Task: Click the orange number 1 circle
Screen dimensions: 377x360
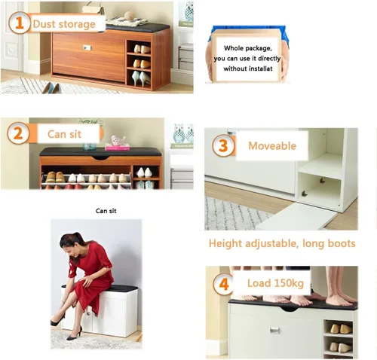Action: (20, 23)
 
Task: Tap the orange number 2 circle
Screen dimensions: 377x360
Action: (18, 133)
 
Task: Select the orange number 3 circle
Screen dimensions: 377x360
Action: (223, 145)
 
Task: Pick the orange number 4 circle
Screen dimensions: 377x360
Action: (224, 284)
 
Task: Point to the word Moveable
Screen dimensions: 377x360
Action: (272, 146)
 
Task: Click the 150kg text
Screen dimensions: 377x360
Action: (289, 283)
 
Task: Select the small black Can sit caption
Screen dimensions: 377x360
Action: (106, 211)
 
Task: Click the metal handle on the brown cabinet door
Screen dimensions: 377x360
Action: (87, 47)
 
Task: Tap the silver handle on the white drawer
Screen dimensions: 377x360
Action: (274, 330)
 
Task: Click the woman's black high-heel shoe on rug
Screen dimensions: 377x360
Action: (75, 334)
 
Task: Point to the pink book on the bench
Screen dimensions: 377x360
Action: (118, 147)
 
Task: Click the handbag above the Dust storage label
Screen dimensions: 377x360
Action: (93, 8)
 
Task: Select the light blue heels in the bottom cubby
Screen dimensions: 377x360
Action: (141, 78)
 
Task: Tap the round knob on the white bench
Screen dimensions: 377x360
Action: (89, 313)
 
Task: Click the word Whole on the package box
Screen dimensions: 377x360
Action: (233, 48)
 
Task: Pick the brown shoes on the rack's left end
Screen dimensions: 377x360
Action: (55, 177)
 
